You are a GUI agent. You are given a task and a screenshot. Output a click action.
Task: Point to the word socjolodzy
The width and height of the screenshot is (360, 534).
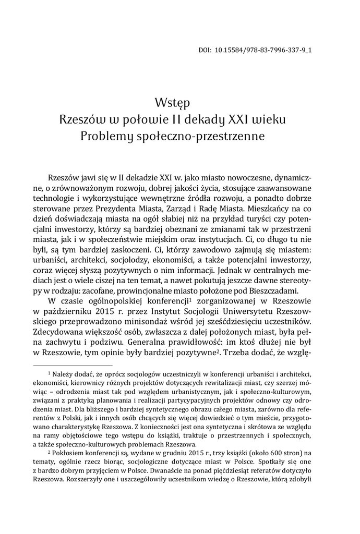point(152,256)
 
